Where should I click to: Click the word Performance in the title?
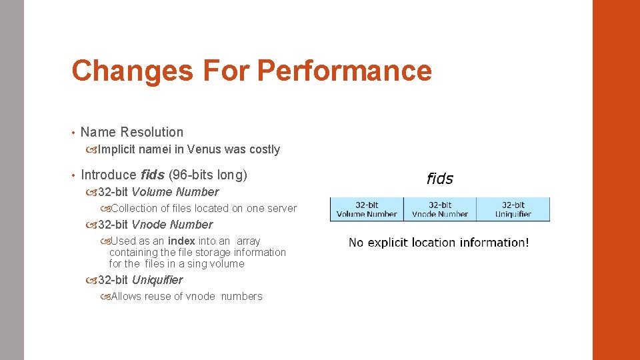click(344, 71)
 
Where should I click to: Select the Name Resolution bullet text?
click(131, 132)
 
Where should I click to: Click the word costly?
click(264, 149)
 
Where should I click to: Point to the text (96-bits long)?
click(207, 175)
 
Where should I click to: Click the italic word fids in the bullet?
click(153, 175)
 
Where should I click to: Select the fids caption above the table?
click(439, 179)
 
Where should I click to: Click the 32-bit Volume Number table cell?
click(367, 209)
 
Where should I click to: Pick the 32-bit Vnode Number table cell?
click(440, 209)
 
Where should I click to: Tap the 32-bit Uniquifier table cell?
click(513, 209)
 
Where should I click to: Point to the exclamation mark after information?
click(527, 243)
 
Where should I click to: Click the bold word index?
click(181, 241)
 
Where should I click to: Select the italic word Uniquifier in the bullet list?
click(157, 280)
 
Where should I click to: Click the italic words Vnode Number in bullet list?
click(172, 225)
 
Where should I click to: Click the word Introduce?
click(108, 175)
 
